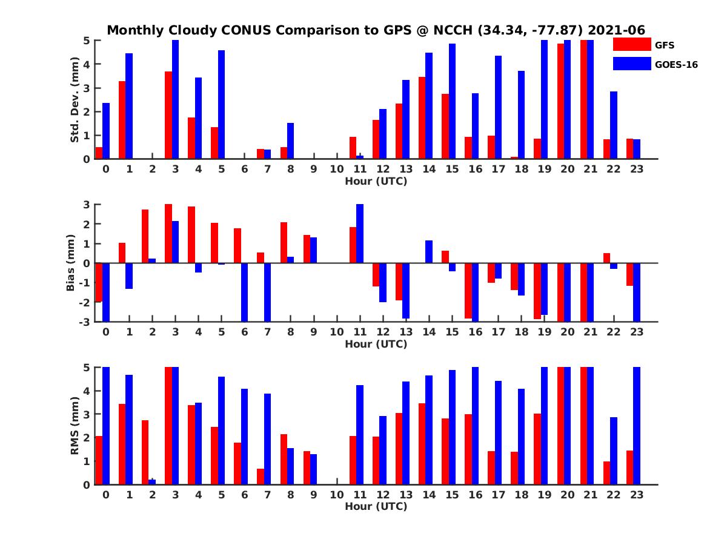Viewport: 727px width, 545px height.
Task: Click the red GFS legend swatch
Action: (631, 44)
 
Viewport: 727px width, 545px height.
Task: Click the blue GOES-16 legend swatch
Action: (631, 64)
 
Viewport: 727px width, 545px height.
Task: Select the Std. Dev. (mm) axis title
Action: (75, 100)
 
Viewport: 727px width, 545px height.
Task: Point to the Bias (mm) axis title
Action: (70, 262)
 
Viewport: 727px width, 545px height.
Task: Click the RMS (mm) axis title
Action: (75, 426)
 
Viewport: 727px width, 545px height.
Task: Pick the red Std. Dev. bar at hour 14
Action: (422, 118)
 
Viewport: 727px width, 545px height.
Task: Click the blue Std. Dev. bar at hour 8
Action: (291, 141)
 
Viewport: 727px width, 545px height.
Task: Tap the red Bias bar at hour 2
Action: (145, 236)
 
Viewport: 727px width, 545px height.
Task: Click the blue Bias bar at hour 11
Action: (360, 234)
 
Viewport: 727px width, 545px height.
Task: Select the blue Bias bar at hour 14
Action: (429, 252)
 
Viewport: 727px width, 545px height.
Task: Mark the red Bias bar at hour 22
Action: (606, 258)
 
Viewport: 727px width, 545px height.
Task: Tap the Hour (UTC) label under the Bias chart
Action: (376, 344)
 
